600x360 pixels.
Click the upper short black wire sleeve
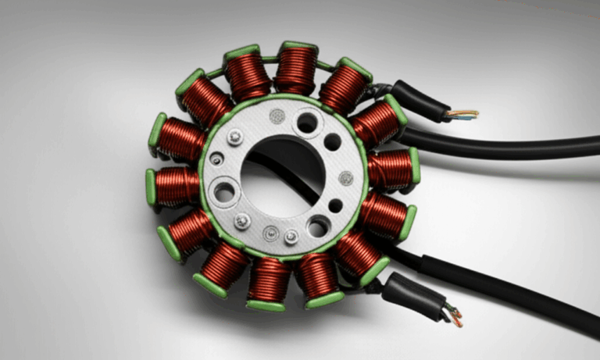pyautogui.click(x=418, y=101)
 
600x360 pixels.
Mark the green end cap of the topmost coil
pyautogui.click(x=298, y=46)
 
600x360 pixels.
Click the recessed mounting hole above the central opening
pyautogui.click(x=307, y=123)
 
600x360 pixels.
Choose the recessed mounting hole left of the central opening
pyautogui.click(x=225, y=192)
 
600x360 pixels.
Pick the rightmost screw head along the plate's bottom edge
pyautogui.click(x=291, y=237)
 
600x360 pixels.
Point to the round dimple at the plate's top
pyautogui.click(x=275, y=116)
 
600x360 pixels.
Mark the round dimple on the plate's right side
pyautogui.click(x=345, y=178)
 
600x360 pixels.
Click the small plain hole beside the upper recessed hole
pyautogui.click(x=332, y=142)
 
